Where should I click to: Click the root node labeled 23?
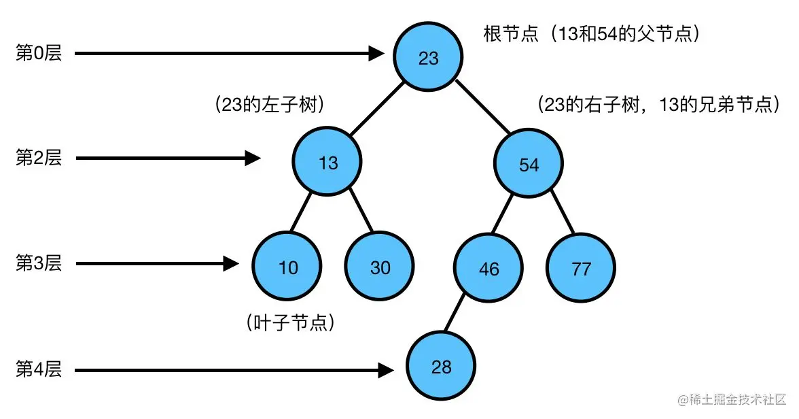point(428,58)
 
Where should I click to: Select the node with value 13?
point(327,163)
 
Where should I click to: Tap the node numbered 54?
point(529,164)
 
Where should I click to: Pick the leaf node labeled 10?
point(288,267)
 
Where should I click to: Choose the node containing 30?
point(380,267)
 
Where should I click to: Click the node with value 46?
point(489,269)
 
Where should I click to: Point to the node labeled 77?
point(581,269)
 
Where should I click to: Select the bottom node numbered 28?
point(441,367)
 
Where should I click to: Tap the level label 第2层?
point(39,158)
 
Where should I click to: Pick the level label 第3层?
point(39,263)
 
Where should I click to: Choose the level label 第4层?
point(39,370)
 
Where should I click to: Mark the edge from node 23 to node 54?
point(482,108)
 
